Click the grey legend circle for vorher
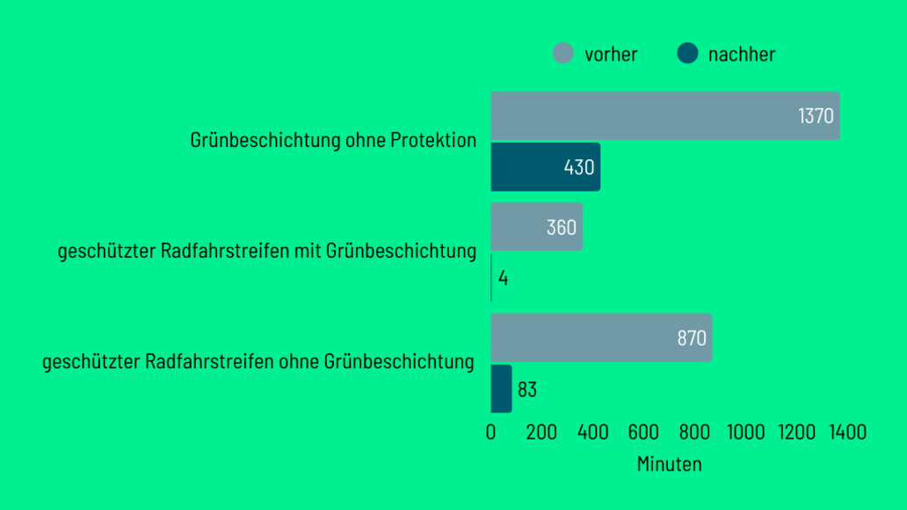tap(563, 54)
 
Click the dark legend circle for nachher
tap(687, 54)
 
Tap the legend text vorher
tap(611, 55)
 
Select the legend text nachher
tap(742, 55)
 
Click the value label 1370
tap(816, 116)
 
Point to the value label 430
tap(579, 167)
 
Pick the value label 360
tap(561, 228)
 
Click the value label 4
tap(504, 278)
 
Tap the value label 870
tap(692, 339)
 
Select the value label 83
tap(527, 390)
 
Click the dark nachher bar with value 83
tap(501, 389)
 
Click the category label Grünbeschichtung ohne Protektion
tap(333, 140)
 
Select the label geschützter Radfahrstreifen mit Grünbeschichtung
tap(267, 251)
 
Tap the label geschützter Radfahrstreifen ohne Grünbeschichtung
tap(258, 362)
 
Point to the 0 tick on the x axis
tap(491, 433)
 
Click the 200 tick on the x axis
tap(542, 433)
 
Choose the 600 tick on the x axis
tap(644, 433)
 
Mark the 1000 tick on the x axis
tap(745, 433)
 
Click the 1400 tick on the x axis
tap(847, 433)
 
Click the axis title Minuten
tap(669, 464)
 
